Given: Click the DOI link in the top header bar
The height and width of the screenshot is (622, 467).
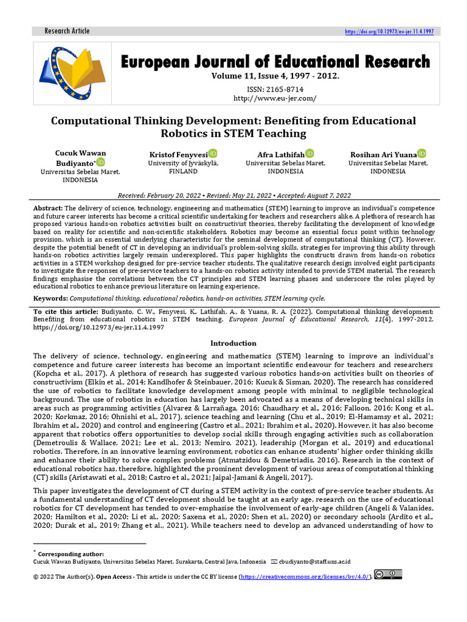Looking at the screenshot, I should click(x=389, y=32).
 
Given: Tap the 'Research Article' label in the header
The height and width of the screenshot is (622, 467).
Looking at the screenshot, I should click(x=67, y=31).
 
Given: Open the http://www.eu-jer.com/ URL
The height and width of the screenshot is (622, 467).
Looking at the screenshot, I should click(x=275, y=98).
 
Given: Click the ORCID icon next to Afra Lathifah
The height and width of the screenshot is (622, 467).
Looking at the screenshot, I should click(x=310, y=154).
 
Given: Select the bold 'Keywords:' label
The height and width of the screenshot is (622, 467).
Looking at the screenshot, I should click(x=50, y=298).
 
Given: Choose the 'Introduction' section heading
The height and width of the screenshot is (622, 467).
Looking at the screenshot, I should click(x=233, y=343).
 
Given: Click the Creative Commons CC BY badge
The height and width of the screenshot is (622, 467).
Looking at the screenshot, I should click(x=387, y=575).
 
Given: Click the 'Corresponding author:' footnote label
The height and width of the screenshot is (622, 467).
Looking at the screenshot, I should click(x=71, y=554).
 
